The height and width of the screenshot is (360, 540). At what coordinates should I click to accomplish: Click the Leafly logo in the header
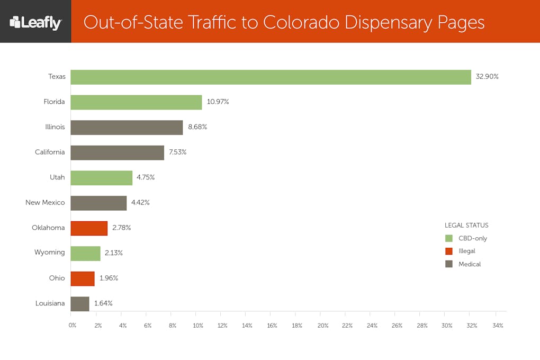(35, 22)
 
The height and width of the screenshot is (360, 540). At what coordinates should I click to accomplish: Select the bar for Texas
(271, 77)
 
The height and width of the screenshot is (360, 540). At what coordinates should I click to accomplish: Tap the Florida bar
(136, 102)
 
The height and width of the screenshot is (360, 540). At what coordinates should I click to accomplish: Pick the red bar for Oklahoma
(89, 228)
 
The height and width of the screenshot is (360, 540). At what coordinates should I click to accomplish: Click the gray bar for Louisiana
(80, 304)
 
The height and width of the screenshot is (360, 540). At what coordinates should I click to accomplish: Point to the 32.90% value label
(487, 76)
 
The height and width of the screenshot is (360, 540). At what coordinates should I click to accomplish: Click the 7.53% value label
(178, 152)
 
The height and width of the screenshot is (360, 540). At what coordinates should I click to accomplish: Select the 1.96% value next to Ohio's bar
(109, 278)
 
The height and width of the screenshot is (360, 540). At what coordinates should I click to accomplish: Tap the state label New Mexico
(45, 202)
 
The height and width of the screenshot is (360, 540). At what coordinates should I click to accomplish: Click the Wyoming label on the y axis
(49, 253)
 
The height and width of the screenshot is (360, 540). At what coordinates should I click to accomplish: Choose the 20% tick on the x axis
(323, 326)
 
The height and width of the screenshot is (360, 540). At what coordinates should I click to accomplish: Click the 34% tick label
(498, 326)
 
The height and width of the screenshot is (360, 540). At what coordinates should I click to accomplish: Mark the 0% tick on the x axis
(73, 326)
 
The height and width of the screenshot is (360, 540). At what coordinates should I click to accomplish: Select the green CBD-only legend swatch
(449, 238)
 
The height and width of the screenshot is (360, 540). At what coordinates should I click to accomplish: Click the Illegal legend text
(467, 251)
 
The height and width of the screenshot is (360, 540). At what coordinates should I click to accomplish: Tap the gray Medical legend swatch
(449, 264)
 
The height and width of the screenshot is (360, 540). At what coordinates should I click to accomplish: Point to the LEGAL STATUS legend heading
(466, 226)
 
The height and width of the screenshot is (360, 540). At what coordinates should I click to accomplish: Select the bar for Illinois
(127, 128)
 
